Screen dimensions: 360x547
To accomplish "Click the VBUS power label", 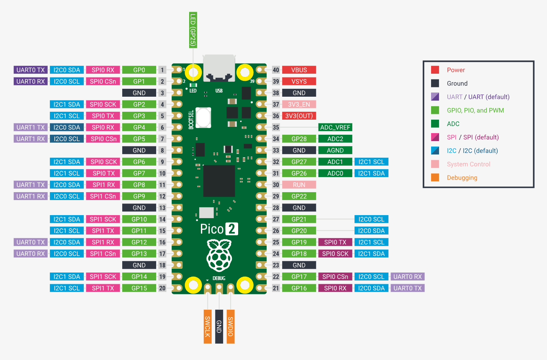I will coord(299,70).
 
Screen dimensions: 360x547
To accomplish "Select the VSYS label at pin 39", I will coord(299,81).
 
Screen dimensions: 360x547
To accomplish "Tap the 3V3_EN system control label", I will coord(299,104).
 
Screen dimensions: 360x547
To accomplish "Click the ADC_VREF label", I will coord(335,127).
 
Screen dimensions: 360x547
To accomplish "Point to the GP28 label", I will coord(299,139).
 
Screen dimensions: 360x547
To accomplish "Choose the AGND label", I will coord(335,150).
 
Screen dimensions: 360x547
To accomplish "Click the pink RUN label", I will coord(299,185).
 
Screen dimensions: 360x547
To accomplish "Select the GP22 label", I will coord(299,196).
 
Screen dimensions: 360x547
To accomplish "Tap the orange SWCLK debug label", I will coord(208,327).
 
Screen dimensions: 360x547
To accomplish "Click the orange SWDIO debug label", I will coord(231,327).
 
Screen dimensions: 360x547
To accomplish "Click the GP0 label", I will coord(139,70).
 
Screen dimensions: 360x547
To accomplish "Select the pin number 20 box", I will coord(162,288).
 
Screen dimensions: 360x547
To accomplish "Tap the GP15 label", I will coord(139,288).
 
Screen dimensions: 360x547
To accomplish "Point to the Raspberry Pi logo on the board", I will coord(219,255).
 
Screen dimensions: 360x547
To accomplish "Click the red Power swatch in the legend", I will coord(435,70).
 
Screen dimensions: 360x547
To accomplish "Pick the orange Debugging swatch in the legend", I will coord(435,177).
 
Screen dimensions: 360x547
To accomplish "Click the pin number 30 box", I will coord(275,185).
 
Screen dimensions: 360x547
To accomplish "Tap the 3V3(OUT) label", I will coord(299,116).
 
